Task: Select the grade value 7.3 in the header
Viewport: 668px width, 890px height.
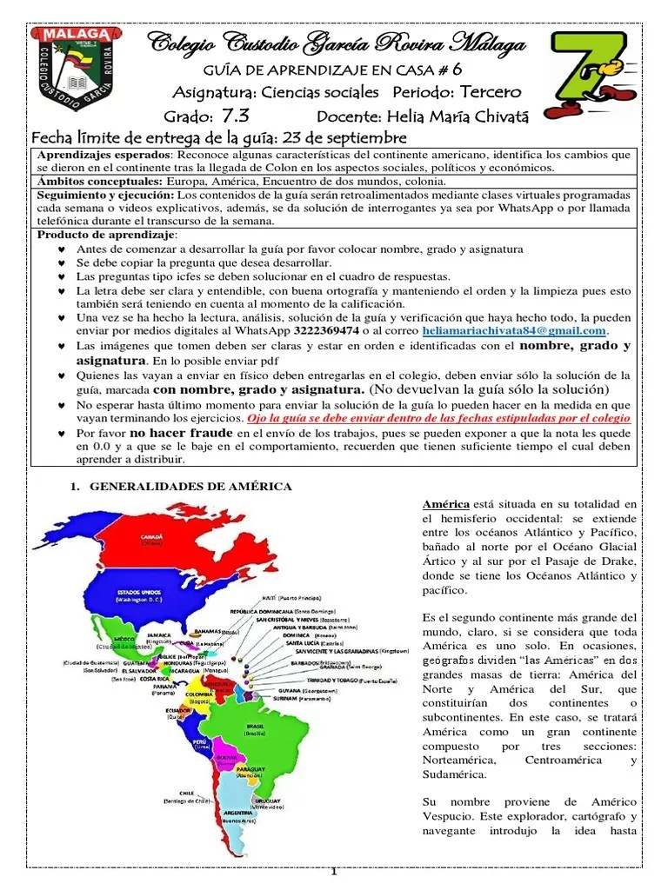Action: [236, 116]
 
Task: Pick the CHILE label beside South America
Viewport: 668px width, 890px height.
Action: [185, 793]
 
